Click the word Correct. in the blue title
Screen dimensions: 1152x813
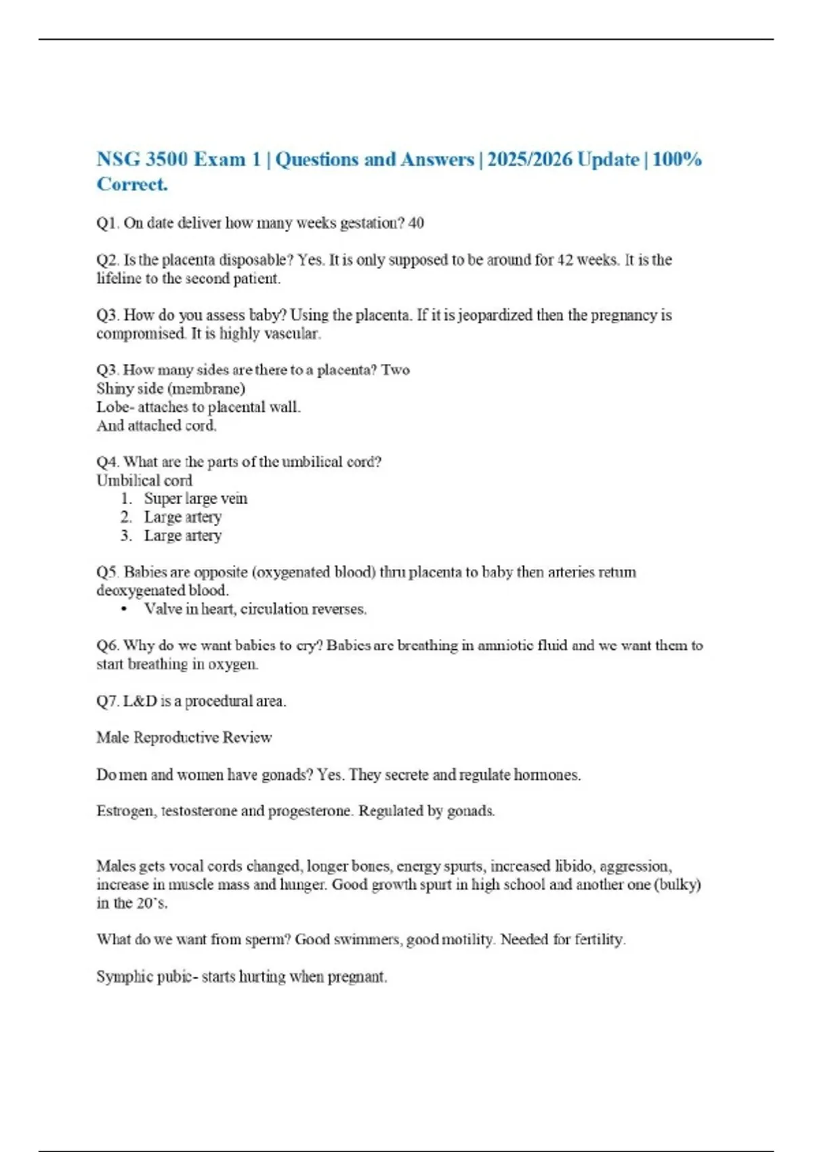[132, 184]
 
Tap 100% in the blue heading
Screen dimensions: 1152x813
[677, 160]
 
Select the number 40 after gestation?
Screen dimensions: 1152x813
[416, 223]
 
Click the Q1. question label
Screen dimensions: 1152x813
[107, 223]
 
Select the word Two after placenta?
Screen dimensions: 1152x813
[396, 370]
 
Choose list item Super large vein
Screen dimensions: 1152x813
[195, 499]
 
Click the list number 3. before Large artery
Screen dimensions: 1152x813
[126, 535]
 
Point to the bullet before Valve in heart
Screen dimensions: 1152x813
[124, 609]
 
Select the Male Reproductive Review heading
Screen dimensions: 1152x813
[184, 737]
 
